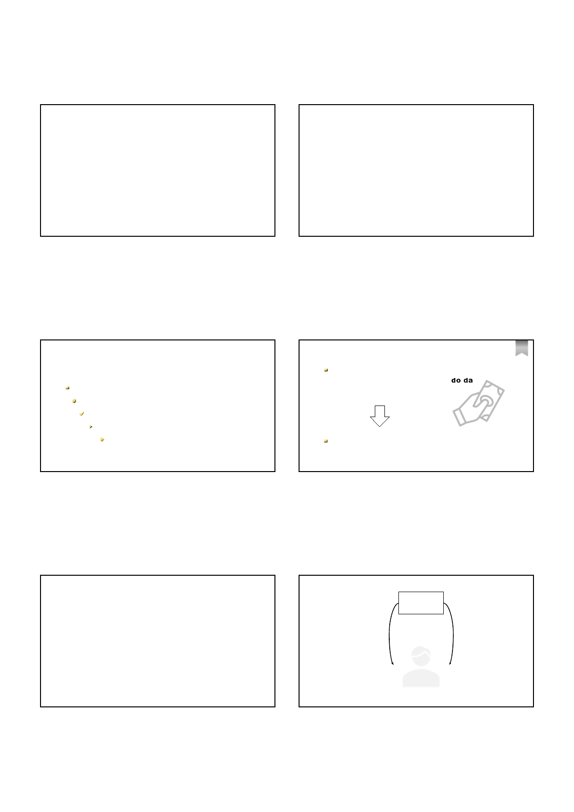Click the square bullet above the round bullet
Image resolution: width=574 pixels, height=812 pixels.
[x=68, y=388]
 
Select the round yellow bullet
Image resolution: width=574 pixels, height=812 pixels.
[x=74, y=401]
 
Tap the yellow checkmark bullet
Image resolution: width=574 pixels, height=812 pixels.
[x=82, y=414]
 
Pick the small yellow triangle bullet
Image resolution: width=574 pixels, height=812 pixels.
[x=91, y=427]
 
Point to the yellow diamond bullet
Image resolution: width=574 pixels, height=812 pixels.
[x=102, y=439]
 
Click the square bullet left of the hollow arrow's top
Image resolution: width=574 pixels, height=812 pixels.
[x=326, y=370]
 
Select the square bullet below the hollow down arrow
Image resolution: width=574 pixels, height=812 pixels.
[x=326, y=441]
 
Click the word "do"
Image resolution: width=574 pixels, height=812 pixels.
[x=456, y=380]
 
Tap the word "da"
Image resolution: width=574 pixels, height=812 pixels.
[x=468, y=380]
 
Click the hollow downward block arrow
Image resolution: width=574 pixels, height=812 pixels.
[x=380, y=416]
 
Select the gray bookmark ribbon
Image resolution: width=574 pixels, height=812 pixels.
[x=521, y=348]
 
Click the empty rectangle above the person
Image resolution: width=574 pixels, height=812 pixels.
[x=421, y=603]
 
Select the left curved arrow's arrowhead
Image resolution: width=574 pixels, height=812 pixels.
[x=392, y=663]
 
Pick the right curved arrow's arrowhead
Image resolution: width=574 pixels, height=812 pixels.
[x=450, y=663]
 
